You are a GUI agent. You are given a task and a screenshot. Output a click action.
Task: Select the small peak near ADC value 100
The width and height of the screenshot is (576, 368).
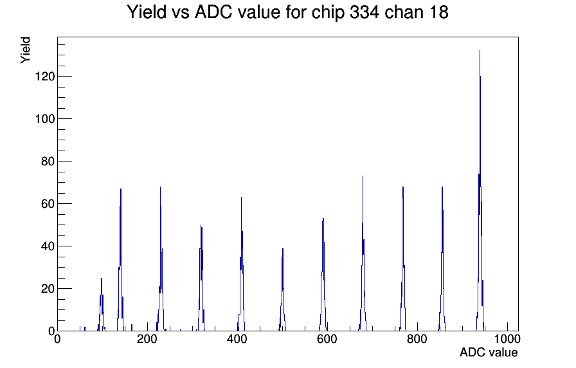102,305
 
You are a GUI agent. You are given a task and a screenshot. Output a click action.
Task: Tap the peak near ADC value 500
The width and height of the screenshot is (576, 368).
282,290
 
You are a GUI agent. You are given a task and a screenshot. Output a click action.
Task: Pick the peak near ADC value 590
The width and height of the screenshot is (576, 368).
323,276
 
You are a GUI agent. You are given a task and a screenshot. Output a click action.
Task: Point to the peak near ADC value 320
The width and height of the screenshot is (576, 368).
201,279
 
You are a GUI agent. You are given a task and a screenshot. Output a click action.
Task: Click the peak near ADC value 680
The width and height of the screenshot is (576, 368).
363,253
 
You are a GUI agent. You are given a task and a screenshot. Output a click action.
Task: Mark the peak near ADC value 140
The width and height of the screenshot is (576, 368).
120,261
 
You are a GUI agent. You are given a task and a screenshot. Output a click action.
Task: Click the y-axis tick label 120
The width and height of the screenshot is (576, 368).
45,77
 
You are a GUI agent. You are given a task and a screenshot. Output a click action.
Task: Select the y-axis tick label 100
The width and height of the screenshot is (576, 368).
45,119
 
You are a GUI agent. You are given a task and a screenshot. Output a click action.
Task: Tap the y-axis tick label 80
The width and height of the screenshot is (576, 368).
48,161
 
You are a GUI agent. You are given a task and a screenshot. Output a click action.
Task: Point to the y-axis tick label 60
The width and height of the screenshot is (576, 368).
48,204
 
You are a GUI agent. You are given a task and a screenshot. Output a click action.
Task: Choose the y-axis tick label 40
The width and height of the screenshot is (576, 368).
48,246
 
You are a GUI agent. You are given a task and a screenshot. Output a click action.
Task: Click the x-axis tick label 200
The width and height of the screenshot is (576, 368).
147,339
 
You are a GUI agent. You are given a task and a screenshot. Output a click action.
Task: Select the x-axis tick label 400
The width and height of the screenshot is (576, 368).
237,339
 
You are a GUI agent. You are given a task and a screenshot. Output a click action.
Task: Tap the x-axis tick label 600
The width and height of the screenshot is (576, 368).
327,339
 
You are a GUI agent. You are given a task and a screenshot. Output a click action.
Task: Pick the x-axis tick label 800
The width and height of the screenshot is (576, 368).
417,339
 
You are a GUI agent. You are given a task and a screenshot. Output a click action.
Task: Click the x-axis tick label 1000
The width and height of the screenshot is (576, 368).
507,339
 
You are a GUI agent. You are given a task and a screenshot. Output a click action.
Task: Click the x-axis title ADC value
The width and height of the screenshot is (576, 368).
489,353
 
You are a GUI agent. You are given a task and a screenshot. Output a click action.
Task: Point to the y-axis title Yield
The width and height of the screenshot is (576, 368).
25,50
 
